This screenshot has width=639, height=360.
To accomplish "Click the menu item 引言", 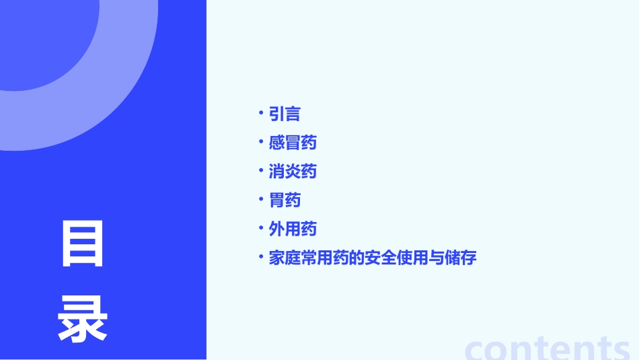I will [x=285, y=114].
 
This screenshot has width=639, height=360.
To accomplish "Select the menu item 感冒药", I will [x=293, y=143].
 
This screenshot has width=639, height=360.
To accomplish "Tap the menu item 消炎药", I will [x=293, y=172].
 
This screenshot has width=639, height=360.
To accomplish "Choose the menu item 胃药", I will [x=285, y=201].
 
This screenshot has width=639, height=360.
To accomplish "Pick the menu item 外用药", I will [x=293, y=229].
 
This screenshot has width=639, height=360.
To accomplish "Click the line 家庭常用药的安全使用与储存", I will [x=372, y=258].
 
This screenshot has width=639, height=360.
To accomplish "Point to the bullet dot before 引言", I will [x=261, y=112].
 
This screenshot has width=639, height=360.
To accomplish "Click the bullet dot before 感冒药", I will [x=261, y=141].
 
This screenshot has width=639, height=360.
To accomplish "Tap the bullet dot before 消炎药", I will [x=261, y=170].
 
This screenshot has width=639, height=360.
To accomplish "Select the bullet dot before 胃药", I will [x=261, y=199].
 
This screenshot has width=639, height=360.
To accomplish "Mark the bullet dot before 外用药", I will [x=261, y=228].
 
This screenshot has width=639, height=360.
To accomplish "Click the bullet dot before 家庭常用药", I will [x=261, y=256].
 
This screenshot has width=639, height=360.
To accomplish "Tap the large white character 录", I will [x=83, y=319].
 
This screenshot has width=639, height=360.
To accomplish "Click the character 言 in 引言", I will [x=293, y=114].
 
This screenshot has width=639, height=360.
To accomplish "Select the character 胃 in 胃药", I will [x=276, y=201].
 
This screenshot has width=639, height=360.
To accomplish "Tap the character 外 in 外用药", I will [x=276, y=229].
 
